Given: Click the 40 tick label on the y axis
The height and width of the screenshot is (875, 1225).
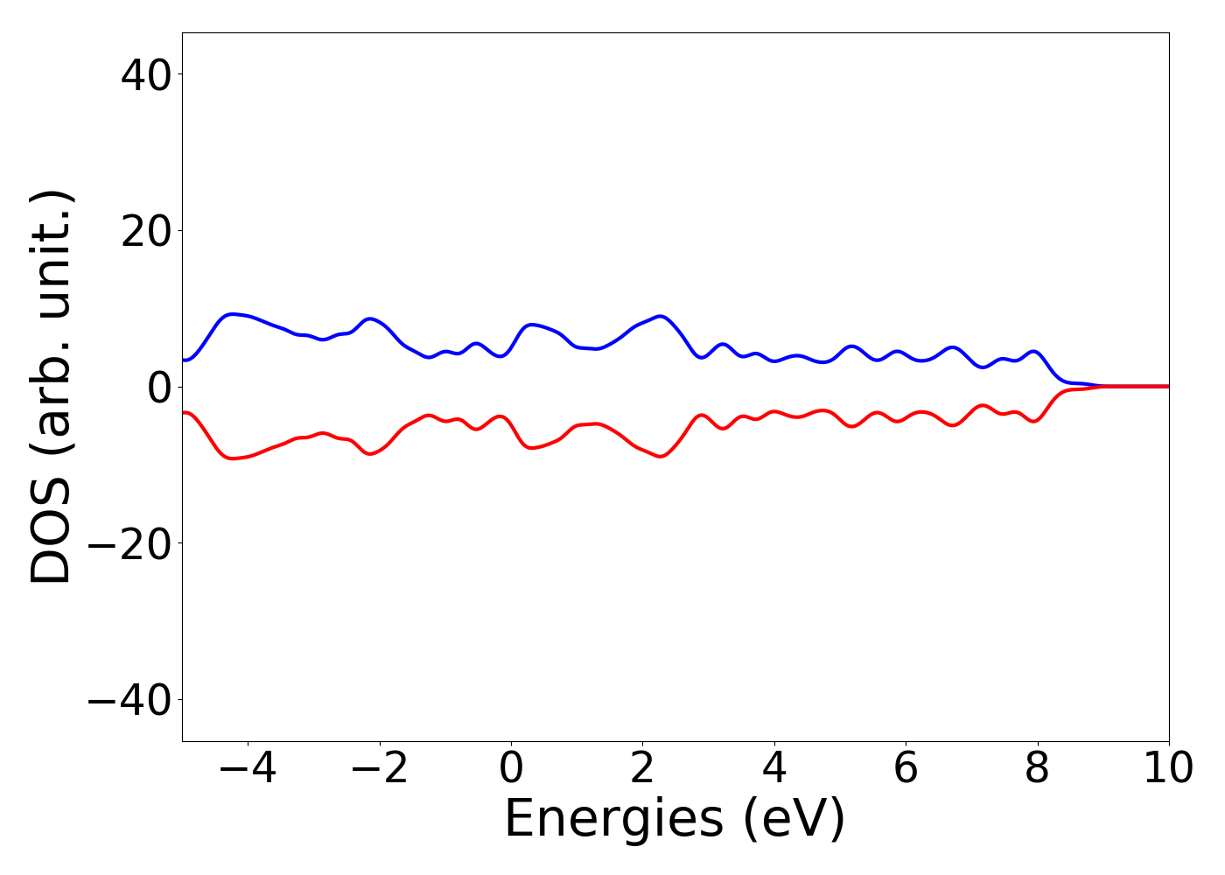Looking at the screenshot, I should click(x=145, y=74).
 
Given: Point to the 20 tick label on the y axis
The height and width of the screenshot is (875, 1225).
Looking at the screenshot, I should click(x=145, y=231).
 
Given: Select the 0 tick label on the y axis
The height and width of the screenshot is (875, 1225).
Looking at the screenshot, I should click(x=157, y=387).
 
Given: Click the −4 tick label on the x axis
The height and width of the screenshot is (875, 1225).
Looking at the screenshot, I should click(x=248, y=768).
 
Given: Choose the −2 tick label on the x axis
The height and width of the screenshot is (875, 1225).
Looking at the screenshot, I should click(x=380, y=768).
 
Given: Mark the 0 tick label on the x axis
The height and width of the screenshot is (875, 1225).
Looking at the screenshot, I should click(x=511, y=768).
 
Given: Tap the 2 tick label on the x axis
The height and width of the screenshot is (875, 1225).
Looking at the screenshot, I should click(x=643, y=768).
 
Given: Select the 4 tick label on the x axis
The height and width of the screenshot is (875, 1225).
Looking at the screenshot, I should click(x=774, y=768).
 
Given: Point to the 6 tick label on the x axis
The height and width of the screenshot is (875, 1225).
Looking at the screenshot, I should click(x=906, y=768).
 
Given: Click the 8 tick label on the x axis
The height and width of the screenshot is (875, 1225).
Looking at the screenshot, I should click(x=1038, y=768).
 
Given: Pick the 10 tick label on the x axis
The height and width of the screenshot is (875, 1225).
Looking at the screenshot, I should click(x=1168, y=768).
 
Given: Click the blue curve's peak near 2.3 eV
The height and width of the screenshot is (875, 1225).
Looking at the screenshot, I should click(x=661, y=316).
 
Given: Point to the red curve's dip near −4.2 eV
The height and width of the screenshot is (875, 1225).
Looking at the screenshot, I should click(x=233, y=458).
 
